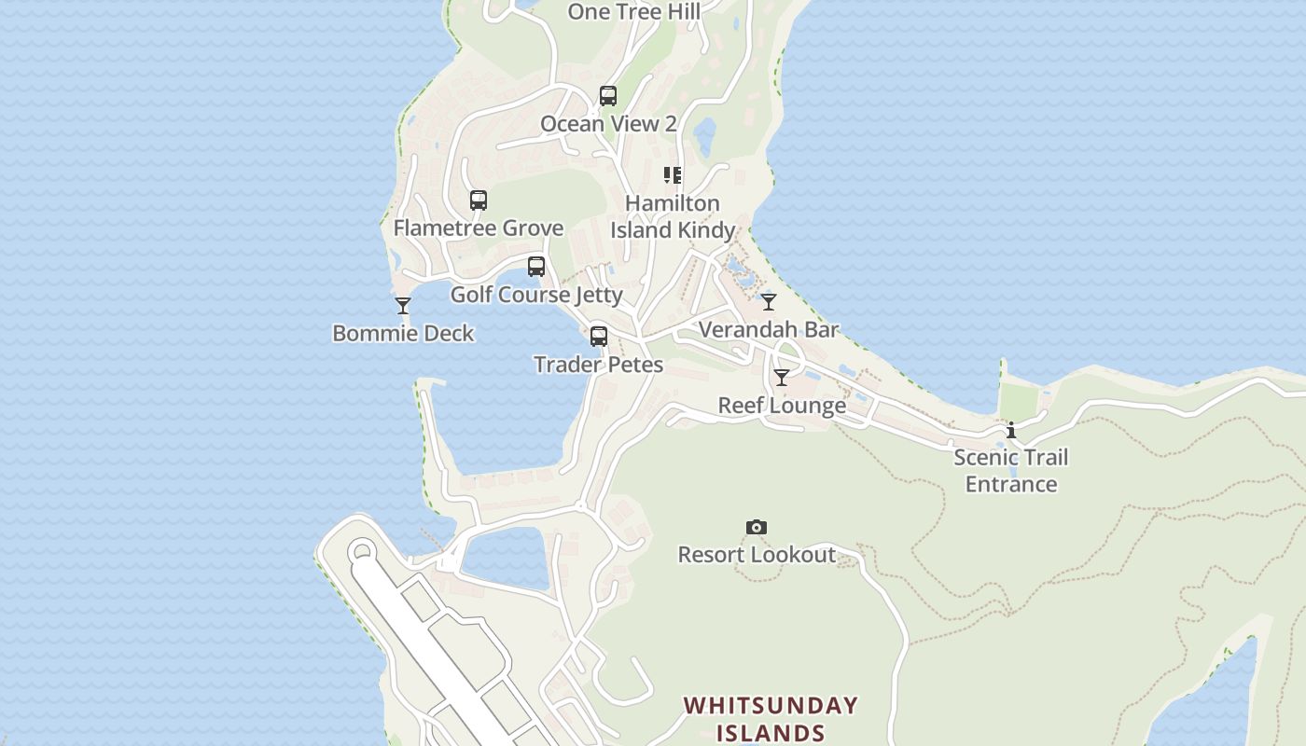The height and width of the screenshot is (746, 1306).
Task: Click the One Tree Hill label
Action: (x=633, y=11)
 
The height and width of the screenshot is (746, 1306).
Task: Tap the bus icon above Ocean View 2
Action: (x=608, y=96)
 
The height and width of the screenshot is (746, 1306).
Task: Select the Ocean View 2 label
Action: (x=608, y=124)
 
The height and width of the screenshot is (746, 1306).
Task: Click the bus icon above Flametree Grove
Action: (x=479, y=200)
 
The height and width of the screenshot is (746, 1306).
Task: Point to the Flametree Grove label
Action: (x=479, y=228)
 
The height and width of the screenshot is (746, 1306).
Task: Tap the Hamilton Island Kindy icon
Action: (x=673, y=175)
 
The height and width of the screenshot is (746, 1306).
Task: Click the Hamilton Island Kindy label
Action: (x=673, y=216)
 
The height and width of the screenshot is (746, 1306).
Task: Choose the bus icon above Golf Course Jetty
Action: (x=536, y=267)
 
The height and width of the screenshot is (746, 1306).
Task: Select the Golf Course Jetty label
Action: (x=536, y=295)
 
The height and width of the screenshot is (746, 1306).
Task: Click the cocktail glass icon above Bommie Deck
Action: (x=403, y=306)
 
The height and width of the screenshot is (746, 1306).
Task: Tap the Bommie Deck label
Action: (x=403, y=334)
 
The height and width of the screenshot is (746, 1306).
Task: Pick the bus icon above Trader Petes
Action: (x=599, y=337)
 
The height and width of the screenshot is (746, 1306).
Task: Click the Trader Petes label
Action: (x=599, y=365)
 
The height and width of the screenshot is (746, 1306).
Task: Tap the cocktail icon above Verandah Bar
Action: (x=769, y=302)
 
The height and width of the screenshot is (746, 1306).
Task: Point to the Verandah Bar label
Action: (x=769, y=330)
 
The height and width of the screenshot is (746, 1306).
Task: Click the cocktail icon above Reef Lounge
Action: (x=782, y=378)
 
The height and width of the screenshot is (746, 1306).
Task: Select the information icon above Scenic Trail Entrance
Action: (x=1011, y=430)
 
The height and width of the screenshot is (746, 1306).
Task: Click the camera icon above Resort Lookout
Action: (x=757, y=528)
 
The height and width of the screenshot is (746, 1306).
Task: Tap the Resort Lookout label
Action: (x=757, y=555)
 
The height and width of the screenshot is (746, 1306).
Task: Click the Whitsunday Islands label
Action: (x=771, y=718)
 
